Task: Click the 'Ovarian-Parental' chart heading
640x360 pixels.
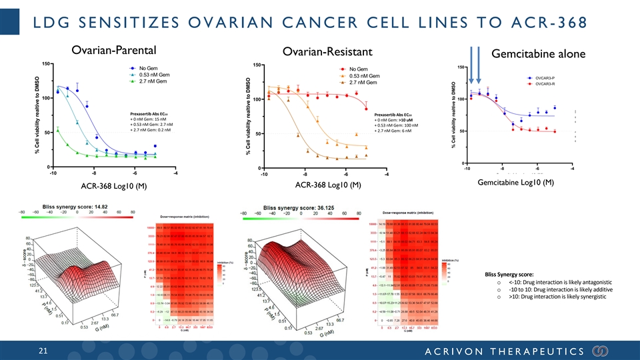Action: tap(117, 50)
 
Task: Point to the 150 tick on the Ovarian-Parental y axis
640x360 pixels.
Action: tap(45, 64)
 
